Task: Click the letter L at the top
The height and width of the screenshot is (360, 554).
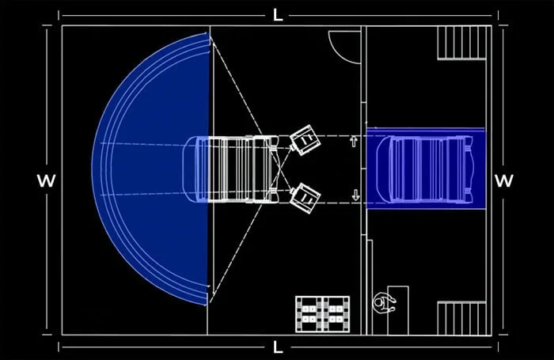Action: click(278, 15)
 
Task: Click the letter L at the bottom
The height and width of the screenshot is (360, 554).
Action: click(278, 347)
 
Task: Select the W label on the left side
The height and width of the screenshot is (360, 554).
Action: click(46, 180)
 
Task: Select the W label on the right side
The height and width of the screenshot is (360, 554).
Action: click(504, 180)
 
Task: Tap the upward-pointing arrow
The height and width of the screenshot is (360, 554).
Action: click(353, 142)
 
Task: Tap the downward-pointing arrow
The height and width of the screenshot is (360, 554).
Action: click(355, 195)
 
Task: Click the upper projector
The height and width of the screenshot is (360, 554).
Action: click(305, 140)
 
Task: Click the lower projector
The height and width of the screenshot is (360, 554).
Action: click(305, 198)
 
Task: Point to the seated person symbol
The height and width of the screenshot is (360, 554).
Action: click(384, 303)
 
